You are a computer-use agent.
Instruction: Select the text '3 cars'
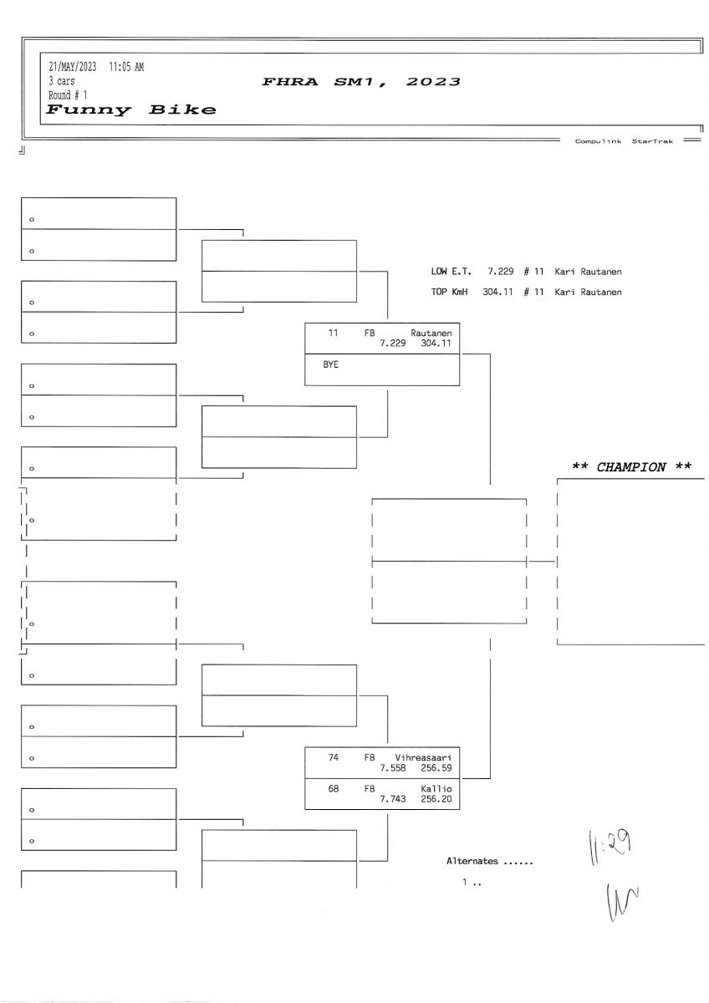pos(61,82)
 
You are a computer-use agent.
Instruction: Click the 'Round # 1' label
pos(68,95)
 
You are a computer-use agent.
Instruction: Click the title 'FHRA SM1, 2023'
pos(360,82)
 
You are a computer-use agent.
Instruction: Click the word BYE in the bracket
pos(331,365)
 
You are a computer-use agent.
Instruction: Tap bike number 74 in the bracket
pos(333,756)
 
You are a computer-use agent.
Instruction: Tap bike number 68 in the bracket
pos(333,789)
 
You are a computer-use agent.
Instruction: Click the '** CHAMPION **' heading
pos(631,467)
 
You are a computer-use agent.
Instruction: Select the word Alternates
pos(472,861)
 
